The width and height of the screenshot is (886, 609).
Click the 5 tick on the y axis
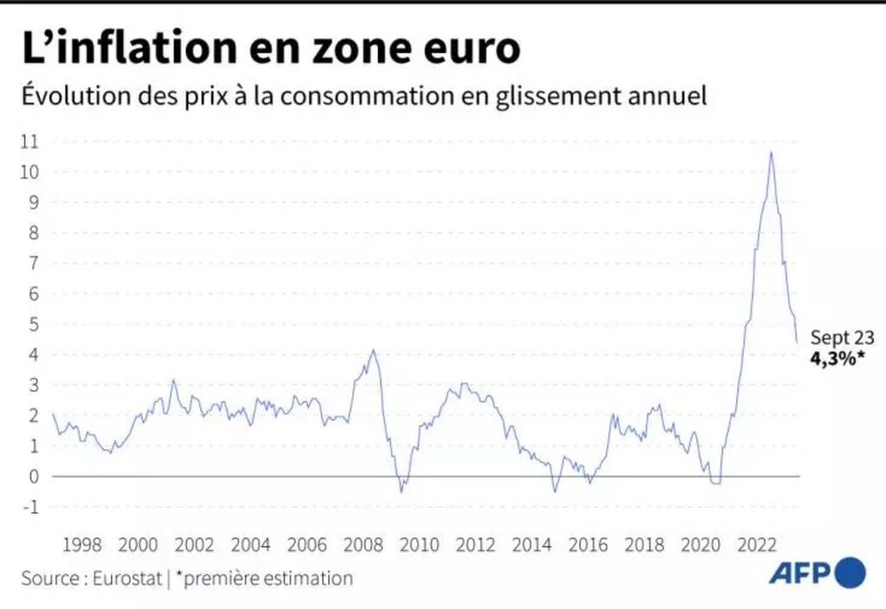(x=35, y=324)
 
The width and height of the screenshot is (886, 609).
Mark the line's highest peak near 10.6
(x=771, y=152)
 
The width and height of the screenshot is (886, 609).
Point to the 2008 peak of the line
(x=372, y=350)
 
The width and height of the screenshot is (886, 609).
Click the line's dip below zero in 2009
(x=401, y=492)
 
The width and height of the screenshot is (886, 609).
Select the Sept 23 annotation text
(x=843, y=338)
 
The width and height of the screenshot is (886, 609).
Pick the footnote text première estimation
(x=266, y=578)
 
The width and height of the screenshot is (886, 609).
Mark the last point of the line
(x=797, y=343)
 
